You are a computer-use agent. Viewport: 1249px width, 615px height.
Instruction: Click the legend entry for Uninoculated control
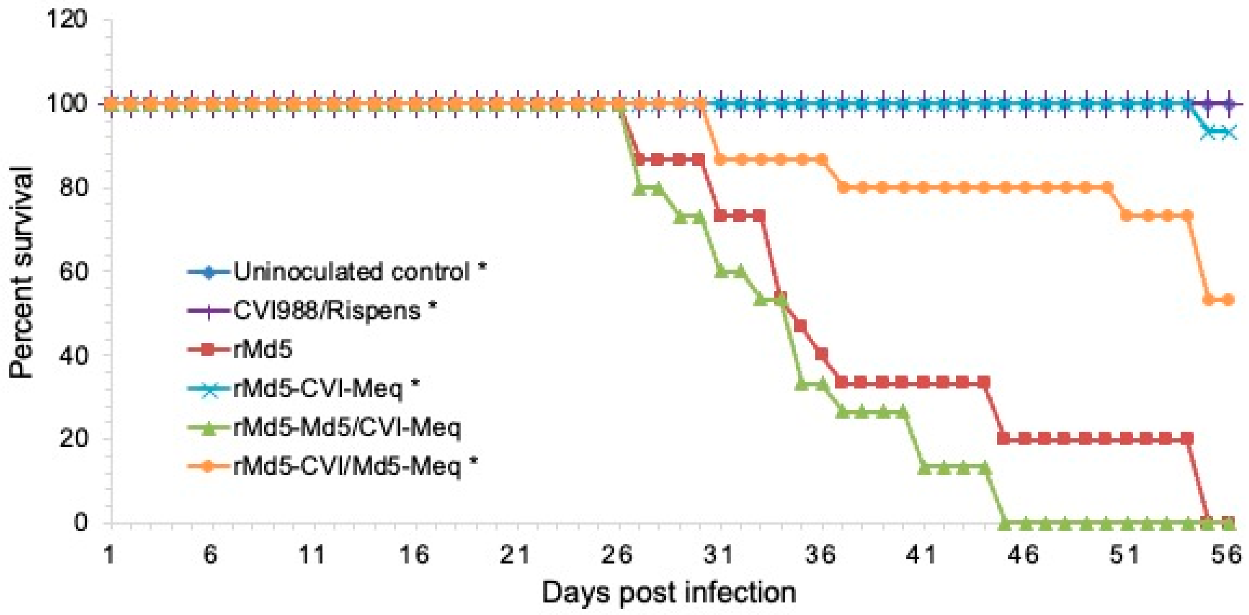pos(351,272)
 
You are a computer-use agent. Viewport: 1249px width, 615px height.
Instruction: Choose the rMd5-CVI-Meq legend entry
pos(318,389)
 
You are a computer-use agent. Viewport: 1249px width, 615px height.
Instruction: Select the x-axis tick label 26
pos(617,554)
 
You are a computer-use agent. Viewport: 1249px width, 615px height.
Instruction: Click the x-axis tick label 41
pos(922,554)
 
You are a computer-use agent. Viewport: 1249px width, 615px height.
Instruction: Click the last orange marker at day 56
pos(1228,300)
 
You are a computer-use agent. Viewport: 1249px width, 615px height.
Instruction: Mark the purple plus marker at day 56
pos(1228,103)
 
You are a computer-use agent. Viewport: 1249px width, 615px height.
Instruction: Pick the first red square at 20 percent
pos(1005,439)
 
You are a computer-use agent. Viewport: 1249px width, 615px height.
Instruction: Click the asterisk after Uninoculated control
pos(482,268)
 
